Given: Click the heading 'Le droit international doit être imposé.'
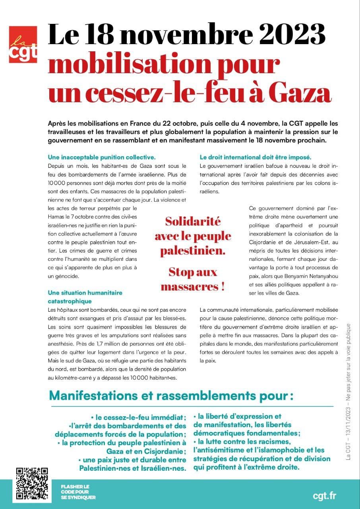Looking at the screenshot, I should (x=255, y=157).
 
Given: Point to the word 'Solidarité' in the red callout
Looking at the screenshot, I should (x=193, y=221).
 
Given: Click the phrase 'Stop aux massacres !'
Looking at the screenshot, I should (x=193, y=279).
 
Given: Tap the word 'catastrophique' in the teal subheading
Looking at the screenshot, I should (x=70, y=301).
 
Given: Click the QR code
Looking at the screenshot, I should (x=32, y=484).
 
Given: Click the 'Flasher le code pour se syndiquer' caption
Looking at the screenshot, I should (x=78, y=492).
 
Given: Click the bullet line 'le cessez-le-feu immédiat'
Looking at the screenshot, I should (x=139, y=418).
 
